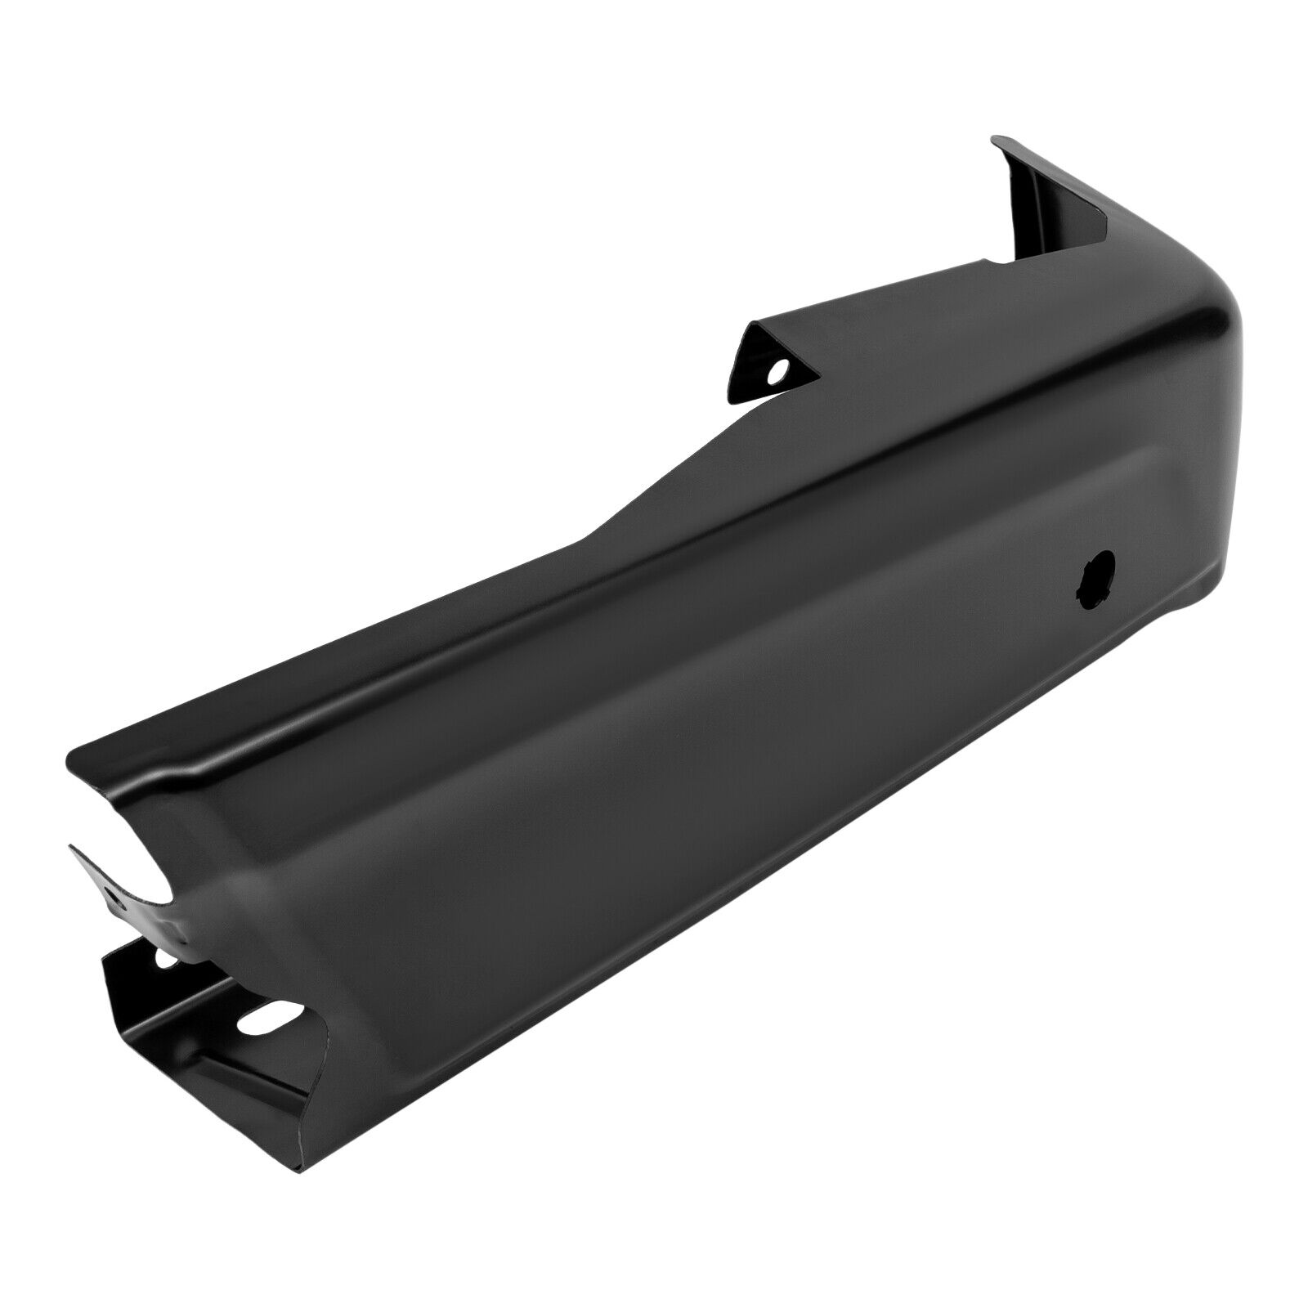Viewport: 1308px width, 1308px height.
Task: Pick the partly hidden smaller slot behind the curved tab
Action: coord(167,959)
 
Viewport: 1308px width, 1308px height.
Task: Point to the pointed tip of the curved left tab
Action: coord(72,850)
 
